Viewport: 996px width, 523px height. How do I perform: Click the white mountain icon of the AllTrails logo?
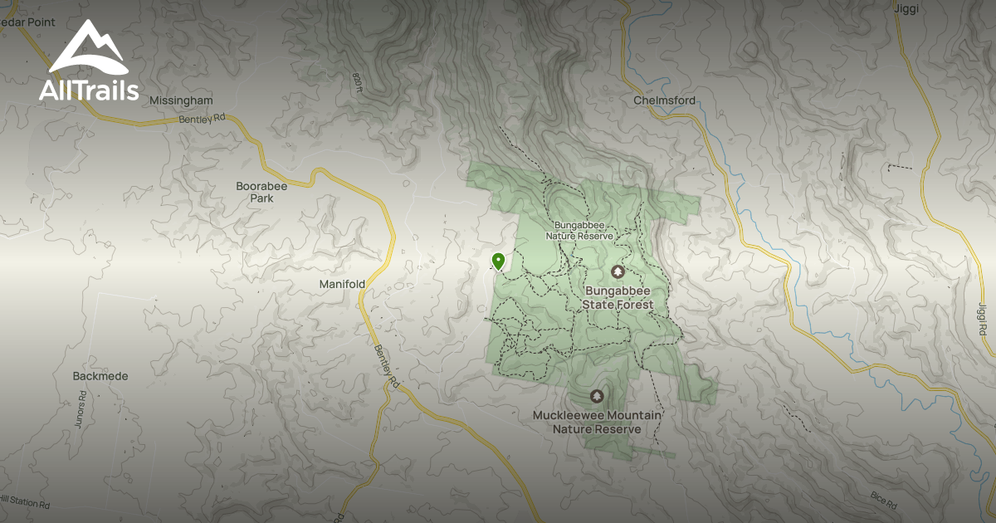(x=88, y=49)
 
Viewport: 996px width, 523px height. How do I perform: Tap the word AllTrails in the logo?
(x=89, y=90)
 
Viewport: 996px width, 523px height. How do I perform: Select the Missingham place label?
(x=181, y=100)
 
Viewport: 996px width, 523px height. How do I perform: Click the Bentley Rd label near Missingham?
(x=203, y=120)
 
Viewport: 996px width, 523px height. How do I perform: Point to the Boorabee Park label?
(x=261, y=192)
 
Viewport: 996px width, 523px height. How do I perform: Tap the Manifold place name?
(x=342, y=284)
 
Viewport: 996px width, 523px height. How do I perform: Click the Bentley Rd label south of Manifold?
(x=387, y=368)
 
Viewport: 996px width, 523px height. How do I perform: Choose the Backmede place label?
(x=100, y=376)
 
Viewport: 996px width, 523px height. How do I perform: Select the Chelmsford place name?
(x=664, y=100)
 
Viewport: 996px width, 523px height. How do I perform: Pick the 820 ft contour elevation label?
(x=358, y=82)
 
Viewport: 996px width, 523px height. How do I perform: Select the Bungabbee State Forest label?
(x=618, y=298)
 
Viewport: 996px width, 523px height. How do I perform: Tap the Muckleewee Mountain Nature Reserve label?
(x=597, y=422)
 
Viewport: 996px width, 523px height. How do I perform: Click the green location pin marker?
(x=498, y=261)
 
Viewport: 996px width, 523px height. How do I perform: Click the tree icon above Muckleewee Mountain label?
(x=596, y=396)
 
